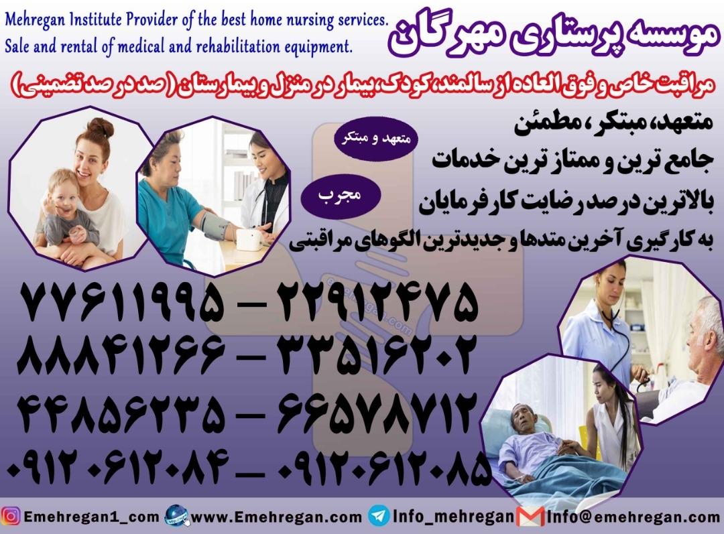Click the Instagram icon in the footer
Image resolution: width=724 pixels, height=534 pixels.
(x=10, y=517)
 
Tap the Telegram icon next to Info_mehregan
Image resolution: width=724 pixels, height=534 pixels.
(x=377, y=517)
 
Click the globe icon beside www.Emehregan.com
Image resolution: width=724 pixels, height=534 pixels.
(x=176, y=517)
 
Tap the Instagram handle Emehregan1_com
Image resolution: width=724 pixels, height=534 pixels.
(x=90, y=517)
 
